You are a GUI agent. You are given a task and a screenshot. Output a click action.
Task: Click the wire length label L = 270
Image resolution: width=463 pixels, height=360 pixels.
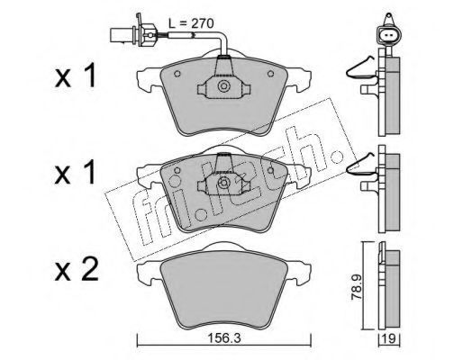tap(191, 23)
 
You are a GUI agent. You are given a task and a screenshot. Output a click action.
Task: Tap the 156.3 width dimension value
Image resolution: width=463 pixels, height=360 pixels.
tap(225, 339)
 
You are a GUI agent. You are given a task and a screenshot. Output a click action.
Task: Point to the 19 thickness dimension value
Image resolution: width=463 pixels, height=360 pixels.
tap(390, 339)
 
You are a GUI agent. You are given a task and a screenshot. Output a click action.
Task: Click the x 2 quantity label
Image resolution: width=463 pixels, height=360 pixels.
tap(77, 269)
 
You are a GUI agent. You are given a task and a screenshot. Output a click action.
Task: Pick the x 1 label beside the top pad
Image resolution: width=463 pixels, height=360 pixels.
tap(75, 75)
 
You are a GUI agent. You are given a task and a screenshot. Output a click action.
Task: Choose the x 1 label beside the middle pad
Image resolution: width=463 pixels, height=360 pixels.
tap(75, 172)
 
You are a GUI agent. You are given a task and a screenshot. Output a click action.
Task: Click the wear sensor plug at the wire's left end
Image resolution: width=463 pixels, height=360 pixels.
tap(133, 33)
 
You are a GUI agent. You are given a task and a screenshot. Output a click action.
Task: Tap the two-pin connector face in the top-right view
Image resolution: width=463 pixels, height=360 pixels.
tap(388, 35)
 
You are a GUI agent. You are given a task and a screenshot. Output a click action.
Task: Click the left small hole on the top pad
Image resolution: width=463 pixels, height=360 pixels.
tap(177, 73)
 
